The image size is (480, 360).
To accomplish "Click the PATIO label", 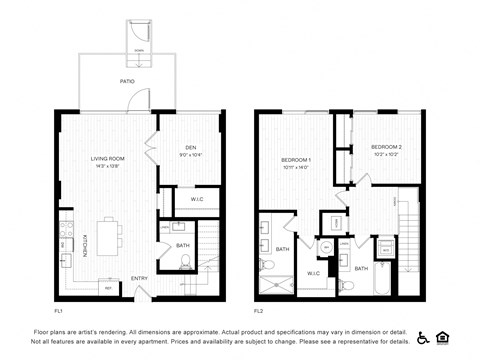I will point(127,81).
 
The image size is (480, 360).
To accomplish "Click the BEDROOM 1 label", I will point(295,159).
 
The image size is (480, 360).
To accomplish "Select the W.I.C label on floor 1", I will point(197,200).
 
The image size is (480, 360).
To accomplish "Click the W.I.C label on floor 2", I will point(313,272).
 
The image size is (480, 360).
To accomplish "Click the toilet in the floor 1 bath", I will point(185,263).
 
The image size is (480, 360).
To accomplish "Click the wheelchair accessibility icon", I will point(423,337).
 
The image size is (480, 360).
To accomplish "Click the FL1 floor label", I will point(59,310).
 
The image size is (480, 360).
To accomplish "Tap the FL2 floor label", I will point(258,310).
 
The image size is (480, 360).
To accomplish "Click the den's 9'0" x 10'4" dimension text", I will point(190,155).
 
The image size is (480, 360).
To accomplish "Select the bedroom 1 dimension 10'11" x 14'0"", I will point(295,167).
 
